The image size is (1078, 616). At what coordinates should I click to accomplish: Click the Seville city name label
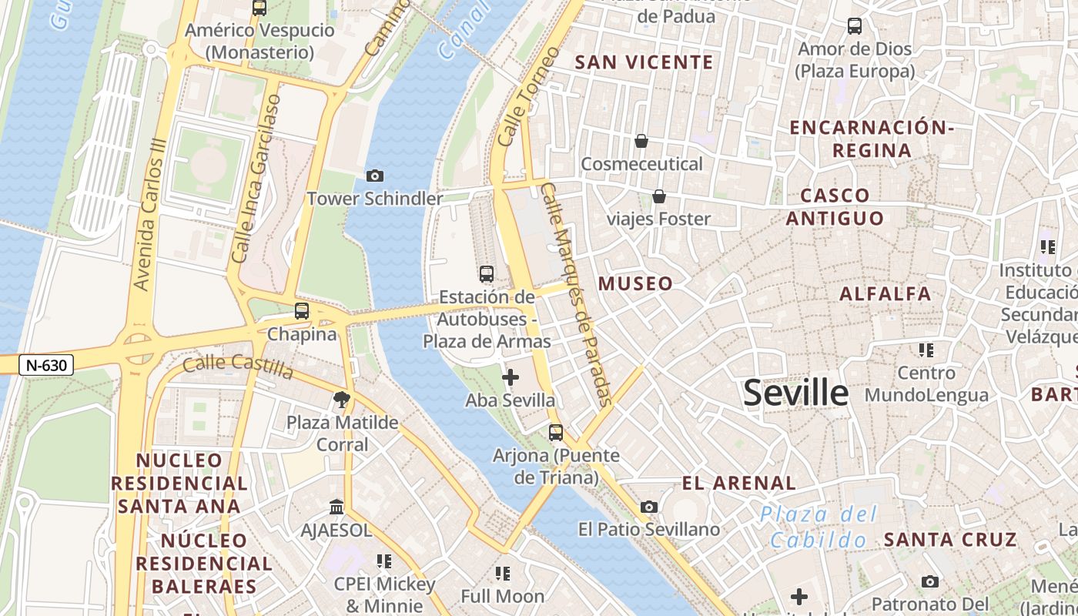pos(795,393)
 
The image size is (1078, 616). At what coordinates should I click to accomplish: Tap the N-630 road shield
pos(46,365)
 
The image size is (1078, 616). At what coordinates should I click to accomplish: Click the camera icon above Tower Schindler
pos(375,176)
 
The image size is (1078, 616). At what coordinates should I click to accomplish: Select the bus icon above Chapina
pos(302,311)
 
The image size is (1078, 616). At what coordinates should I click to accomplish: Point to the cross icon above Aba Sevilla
pos(510,377)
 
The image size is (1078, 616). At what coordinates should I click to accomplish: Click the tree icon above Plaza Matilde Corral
pos(342,399)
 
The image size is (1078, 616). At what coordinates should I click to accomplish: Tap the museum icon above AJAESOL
pos(336,507)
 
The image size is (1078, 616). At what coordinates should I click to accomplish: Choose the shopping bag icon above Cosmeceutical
pos(641,141)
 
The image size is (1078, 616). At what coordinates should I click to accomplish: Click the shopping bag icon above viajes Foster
pos(659,196)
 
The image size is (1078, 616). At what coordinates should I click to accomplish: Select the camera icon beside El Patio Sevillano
pos(649,507)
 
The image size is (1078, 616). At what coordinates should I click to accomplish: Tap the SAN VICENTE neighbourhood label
pos(644,62)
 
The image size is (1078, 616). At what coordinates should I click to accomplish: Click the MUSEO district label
pos(635,283)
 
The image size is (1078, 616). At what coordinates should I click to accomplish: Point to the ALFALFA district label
pos(885,293)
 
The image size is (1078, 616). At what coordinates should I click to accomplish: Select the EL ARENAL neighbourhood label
pos(738,484)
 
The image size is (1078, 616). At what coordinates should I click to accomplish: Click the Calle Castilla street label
pos(238,366)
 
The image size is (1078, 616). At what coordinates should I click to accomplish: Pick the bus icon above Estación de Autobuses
pos(487,273)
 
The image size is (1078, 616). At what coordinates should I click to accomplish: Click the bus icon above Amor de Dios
pos(855,26)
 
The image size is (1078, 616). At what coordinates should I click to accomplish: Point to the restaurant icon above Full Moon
pos(503,573)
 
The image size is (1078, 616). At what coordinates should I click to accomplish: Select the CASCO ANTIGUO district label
pos(835,206)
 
